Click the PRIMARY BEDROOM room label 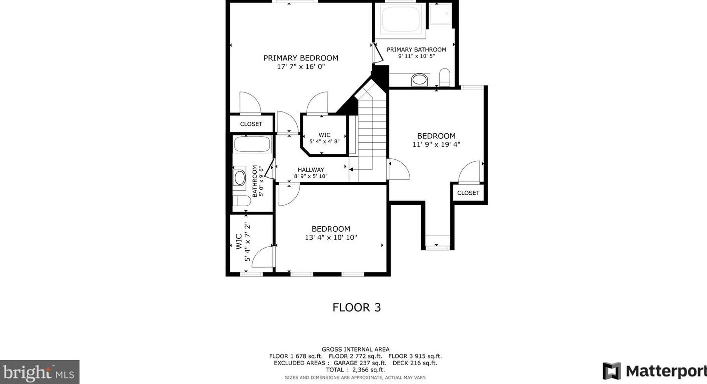[301, 58]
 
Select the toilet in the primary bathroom [444, 77]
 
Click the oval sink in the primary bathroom [419, 79]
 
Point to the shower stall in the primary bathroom [440, 13]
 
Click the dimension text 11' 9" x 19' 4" [437, 144]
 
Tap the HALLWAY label [311, 170]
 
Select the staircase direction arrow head [351, 170]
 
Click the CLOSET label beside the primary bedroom [251, 124]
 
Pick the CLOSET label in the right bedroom [468, 193]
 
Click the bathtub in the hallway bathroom [252, 144]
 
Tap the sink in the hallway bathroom [239, 178]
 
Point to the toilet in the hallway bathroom [242, 201]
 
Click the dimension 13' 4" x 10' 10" [331, 237]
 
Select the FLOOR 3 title [357, 307]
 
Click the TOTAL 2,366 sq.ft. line [355, 370]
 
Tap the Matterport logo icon [612, 371]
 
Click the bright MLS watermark [39, 373]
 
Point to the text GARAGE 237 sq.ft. [360, 363]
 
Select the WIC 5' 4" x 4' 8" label [324, 138]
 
